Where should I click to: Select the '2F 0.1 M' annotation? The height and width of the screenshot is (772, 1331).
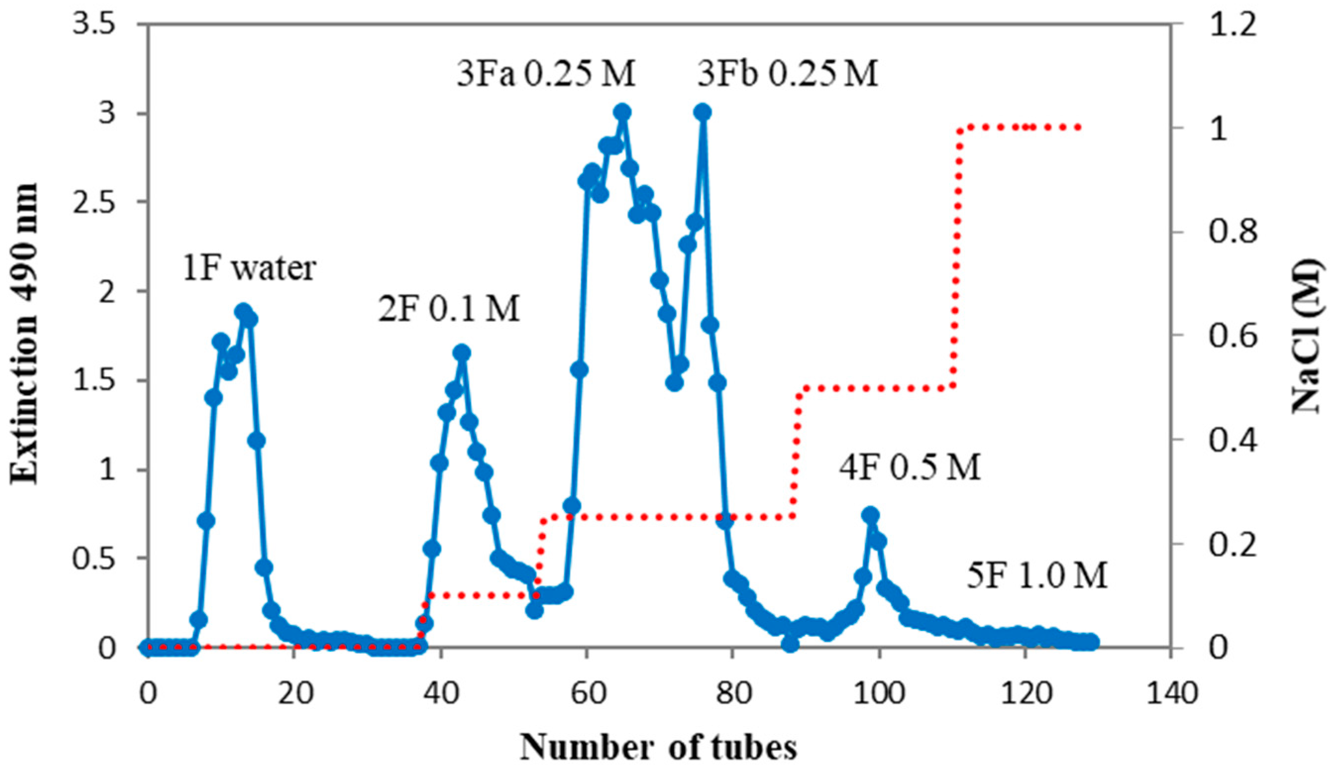(x=449, y=309)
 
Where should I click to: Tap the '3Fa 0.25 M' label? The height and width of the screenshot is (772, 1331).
(x=546, y=74)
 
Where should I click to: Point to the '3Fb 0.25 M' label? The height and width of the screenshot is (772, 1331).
(x=787, y=74)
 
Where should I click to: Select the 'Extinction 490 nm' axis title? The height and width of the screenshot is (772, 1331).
(x=25, y=333)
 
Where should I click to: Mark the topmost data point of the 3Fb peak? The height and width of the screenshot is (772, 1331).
(x=702, y=112)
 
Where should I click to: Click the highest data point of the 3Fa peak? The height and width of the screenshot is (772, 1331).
(x=623, y=112)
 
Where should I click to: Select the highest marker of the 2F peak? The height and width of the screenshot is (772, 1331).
(x=462, y=352)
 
